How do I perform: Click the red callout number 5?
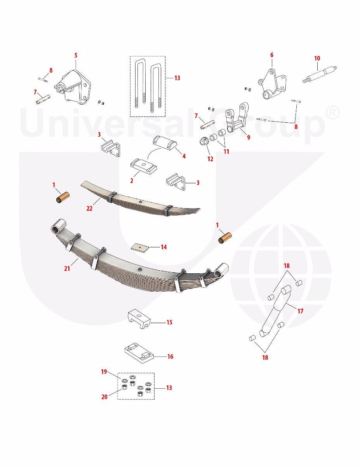click(76, 55)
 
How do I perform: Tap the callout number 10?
click(317, 58)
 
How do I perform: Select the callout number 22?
click(89, 208)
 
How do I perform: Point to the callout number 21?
click(67, 268)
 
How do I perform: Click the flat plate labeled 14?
click(139, 247)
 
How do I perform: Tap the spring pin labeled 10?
click(320, 75)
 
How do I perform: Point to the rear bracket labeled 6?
click(272, 84)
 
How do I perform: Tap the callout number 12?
click(210, 159)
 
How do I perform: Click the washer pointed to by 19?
click(124, 381)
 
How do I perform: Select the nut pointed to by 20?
click(124, 387)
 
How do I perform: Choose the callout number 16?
click(170, 356)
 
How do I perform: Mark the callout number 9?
click(249, 137)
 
